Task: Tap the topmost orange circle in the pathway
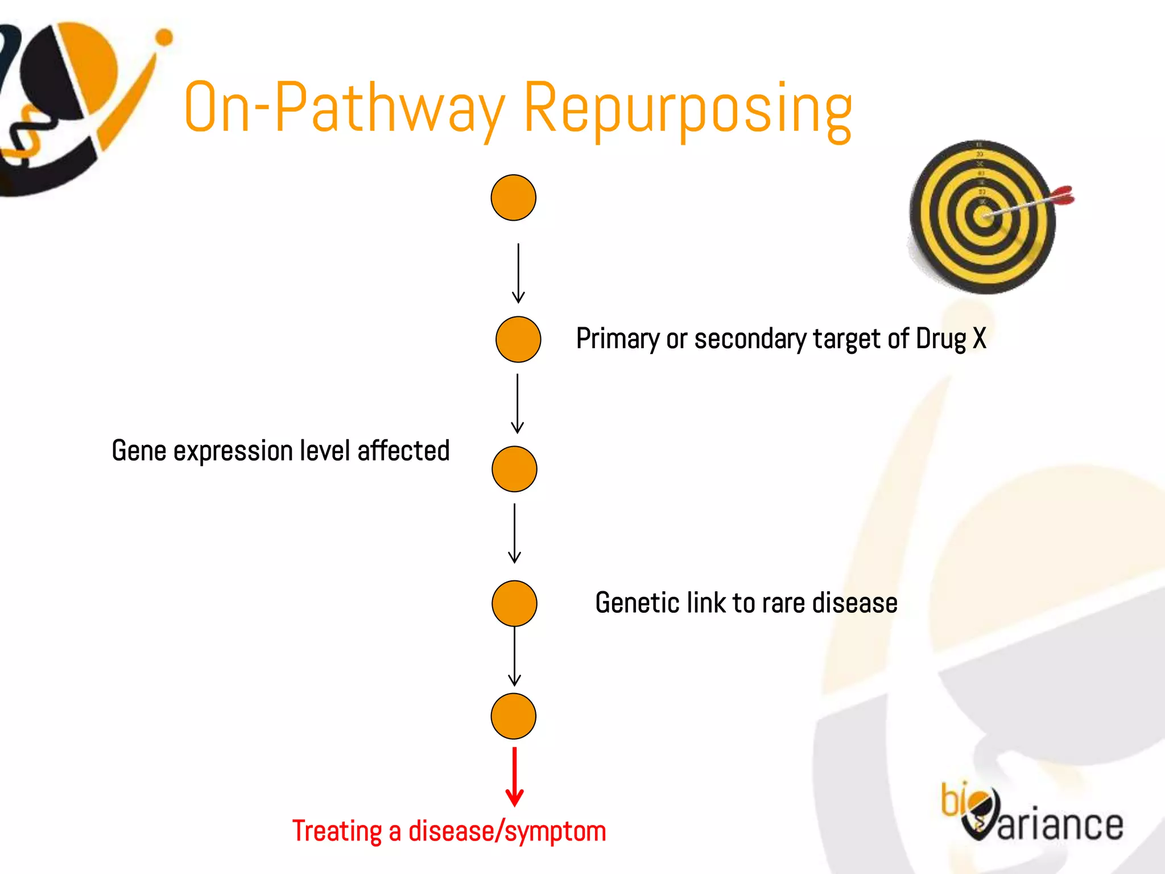pyautogui.click(x=513, y=197)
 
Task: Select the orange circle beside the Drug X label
pyautogui.click(x=518, y=339)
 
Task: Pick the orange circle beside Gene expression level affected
pyautogui.click(x=514, y=469)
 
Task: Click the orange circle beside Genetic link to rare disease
pyautogui.click(x=514, y=603)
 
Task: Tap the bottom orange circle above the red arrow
pyautogui.click(x=513, y=716)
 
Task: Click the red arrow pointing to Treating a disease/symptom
pyautogui.click(x=514, y=777)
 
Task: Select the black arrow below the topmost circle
pyautogui.click(x=518, y=273)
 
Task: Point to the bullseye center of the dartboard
pyautogui.click(x=983, y=216)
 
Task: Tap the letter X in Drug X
pyautogui.click(x=979, y=339)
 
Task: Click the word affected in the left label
pyautogui.click(x=403, y=451)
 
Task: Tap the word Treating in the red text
pyautogui.click(x=337, y=831)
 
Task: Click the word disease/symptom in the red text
pyautogui.click(x=507, y=831)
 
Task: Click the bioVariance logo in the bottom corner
pyautogui.click(x=1032, y=814)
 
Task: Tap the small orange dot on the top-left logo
pyautogui.click(x=164, y=38)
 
